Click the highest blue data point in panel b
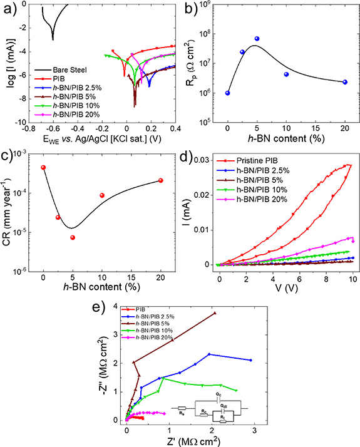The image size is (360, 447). coord(257,39)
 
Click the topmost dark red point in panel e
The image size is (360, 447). coord(215,313)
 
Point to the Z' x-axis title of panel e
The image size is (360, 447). coord(191,441)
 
